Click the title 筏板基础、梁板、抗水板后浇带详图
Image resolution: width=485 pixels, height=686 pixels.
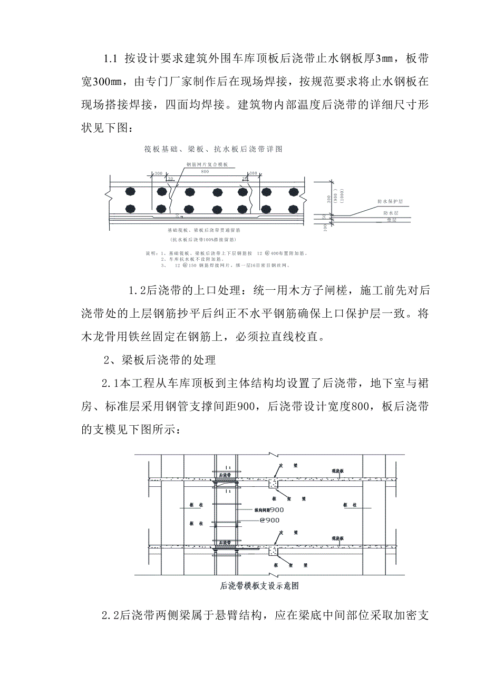[x=213, y=149]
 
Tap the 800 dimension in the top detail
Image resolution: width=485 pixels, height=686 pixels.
[x=205, y=172]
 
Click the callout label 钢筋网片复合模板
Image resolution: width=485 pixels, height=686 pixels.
[x=207, y=164]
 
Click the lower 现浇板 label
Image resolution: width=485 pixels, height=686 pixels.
[x=338, y=538]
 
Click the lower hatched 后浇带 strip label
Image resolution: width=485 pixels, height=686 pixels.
[x=225, y=542]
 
